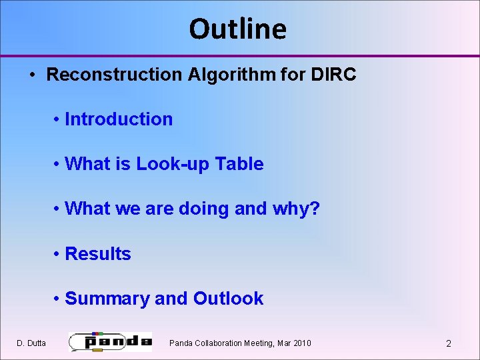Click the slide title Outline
(238, 29)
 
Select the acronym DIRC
(333, 75)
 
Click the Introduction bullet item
(119, 119)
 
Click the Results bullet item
(98, 254)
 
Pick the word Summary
(107, 299)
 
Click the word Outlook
(228, 299)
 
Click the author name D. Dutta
(31, 343)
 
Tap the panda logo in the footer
(111, 341)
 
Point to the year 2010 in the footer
(301, 343)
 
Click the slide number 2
(448, 343)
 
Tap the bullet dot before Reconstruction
(33, 75)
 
